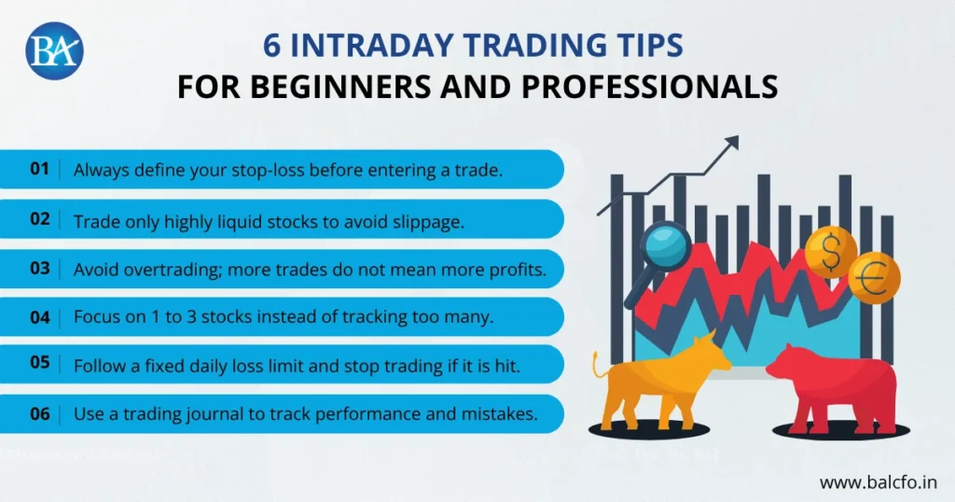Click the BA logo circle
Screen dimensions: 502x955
pos(55,50)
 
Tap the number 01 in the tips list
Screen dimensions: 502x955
pos(39,170)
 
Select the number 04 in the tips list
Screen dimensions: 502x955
pos(39,316)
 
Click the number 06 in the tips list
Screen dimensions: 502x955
pos(39,413)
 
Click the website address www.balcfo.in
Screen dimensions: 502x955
pos(879,482)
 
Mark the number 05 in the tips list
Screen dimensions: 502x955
pos(39,365)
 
